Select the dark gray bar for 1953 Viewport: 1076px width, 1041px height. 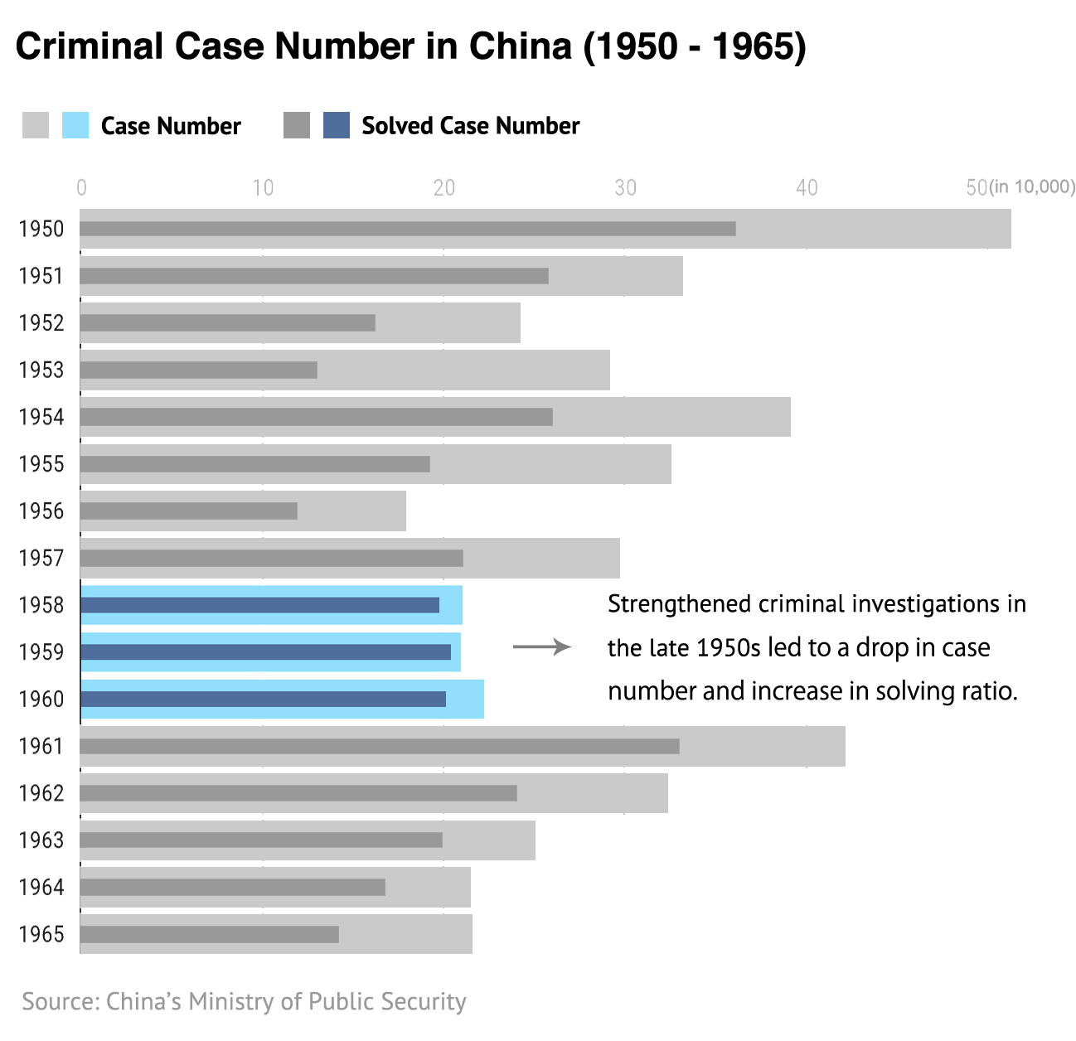pos(199,370)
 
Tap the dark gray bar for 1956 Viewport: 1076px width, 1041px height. pos(189,511)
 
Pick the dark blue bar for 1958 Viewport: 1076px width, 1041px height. pos(260,605)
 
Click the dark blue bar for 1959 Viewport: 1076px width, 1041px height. pos(266,652)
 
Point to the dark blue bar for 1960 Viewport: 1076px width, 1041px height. pos(264,699)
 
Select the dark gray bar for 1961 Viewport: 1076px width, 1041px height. pos(380,746)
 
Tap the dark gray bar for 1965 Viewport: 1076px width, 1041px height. pos(210,934)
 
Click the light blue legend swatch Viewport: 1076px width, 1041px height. pos(75,125)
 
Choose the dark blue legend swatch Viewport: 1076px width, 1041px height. pos(337,125)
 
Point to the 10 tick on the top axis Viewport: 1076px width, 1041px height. pos(263,189)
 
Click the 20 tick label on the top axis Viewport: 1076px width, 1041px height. pos(444,189)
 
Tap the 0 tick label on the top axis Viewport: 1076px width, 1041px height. pos(81,189)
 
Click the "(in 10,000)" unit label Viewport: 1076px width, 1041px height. pos(1033,186)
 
